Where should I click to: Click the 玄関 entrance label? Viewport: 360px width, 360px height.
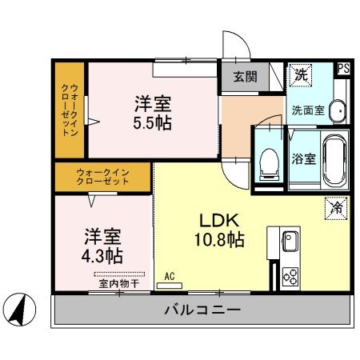[x=245, y=78]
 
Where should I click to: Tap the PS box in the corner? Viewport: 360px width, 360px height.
[x=342, y=69]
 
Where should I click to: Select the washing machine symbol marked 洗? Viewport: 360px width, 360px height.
[x=301, y=74]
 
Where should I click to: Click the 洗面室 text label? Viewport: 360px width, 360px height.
[x=306, y=110]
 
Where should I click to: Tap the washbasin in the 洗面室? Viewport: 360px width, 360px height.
[x=338, y=111]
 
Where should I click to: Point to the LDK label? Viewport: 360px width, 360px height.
[x=217, y=220]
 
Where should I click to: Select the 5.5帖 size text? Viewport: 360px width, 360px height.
[x=152, y=123]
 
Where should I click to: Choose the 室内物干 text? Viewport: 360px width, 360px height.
[x=119, y=283]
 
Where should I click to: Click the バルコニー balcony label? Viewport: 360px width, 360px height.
[x=202, y=310]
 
